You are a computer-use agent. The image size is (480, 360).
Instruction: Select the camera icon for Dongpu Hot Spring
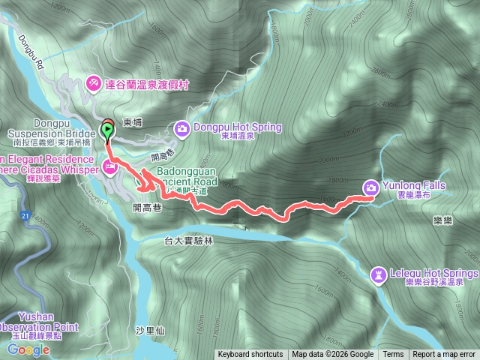click(x=182, y=130)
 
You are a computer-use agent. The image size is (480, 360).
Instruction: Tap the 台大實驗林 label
click(x=188, y=241)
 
